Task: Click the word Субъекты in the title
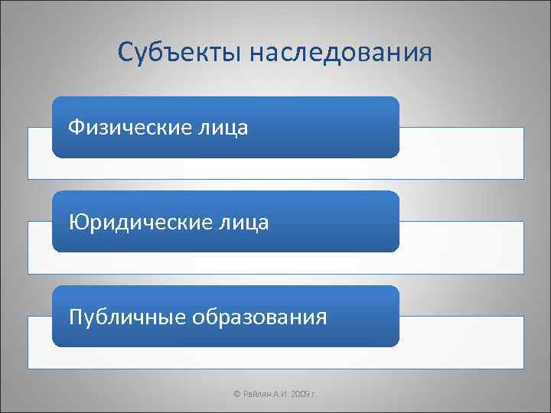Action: pyautogui.click(x=173, y=52)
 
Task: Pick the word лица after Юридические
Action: pyautogui.click(x=248, y=222)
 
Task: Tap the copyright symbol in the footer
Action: pyautogui.click(x=236, y=394)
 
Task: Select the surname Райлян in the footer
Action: pyautogui.click(x=257, y=394)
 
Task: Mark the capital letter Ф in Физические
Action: pyautogui.click(x=75, y=127)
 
